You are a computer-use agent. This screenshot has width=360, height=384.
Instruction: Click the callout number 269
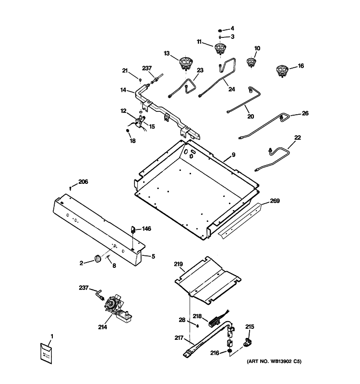[x=275, y=201]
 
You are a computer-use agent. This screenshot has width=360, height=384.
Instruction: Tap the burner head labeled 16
[x=282, y=71]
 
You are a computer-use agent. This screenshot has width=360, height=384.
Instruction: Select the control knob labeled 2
[x=97, y=259]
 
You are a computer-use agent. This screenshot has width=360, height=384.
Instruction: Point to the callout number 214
[x=102, y=327]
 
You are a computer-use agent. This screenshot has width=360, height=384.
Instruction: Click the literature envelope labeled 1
[x=46, y=353]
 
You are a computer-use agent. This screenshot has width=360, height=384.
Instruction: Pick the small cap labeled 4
[x=220, y=31]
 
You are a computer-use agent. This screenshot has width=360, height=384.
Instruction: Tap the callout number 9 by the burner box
[x=233, y=155]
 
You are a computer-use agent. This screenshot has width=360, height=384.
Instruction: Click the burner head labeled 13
[x=186, y=63]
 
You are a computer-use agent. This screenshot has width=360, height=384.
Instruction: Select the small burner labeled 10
[x=251, y=62]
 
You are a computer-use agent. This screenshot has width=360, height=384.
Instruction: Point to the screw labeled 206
[x=71, y=188]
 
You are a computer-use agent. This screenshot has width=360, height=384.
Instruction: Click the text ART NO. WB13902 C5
[x=274, y=361]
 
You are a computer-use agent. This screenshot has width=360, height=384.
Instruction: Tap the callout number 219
[x=178, y=264]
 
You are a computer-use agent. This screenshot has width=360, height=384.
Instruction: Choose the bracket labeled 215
[x=248, y=342]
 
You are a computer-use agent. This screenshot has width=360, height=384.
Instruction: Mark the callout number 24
[x=232, y=89]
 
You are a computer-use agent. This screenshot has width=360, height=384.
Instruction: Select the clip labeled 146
[x=133, y=230]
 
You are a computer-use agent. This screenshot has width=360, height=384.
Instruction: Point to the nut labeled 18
[x=127, y=131]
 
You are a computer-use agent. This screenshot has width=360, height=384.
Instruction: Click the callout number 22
[x=297, y=138]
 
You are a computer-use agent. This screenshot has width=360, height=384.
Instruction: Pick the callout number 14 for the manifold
[x=123, y=90]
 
